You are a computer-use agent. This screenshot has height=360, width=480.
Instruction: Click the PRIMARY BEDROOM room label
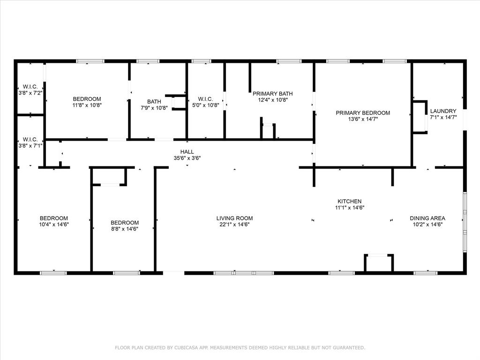point(362,113)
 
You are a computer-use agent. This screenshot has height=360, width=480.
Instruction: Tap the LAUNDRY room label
point(443,111)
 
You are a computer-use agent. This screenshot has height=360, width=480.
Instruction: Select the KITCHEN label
point(350,201)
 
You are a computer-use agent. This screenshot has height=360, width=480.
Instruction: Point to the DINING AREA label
point(427,218)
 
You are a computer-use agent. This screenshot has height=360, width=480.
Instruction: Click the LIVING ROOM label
point(234,218)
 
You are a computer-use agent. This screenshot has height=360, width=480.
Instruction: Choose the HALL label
point(187,152)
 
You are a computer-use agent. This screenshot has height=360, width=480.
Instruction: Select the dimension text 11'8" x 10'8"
point(87,105)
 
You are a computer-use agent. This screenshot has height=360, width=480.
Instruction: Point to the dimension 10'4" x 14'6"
point(53,225)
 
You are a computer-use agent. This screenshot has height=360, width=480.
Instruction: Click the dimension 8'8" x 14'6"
point(125,229)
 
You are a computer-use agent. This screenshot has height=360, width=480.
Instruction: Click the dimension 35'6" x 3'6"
point(187,158)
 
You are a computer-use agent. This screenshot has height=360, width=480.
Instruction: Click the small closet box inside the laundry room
point(419,117)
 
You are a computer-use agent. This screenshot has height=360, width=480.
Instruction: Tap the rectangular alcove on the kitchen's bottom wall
point(378,263)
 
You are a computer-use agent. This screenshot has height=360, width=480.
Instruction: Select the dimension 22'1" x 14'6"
point(234,225)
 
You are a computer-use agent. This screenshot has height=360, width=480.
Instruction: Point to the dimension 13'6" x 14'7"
point(362,120)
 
